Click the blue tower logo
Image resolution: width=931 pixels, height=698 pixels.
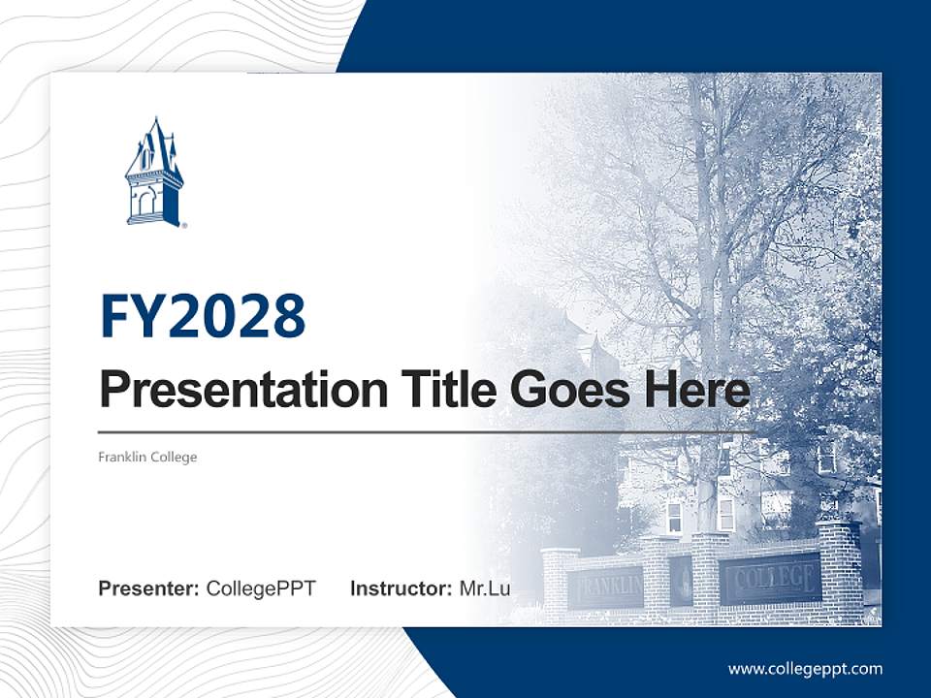click(x=154, y=174)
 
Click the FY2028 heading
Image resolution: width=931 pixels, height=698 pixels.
click(x=203, y=316)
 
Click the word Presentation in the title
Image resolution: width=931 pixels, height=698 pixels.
click(x=229, y=391)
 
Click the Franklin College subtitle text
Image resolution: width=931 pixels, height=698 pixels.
click(x=147, y=457)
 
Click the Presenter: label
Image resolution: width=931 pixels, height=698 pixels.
click(x=149, y=588)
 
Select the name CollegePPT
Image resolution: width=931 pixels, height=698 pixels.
click(x=261, y=588)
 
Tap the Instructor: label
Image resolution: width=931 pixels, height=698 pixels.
click(x=401, y=588)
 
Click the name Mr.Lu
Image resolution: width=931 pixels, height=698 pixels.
click(x=485, y=588)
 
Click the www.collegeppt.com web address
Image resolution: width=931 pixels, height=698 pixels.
click(x=805, y=669)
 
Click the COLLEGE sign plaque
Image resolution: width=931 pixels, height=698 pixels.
click(x=770, y=580)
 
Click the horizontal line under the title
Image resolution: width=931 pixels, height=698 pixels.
click(x=427, y=431)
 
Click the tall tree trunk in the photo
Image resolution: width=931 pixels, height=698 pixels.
click(x=705, y=291)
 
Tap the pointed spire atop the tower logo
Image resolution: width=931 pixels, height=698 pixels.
click(x=154, y=124)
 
